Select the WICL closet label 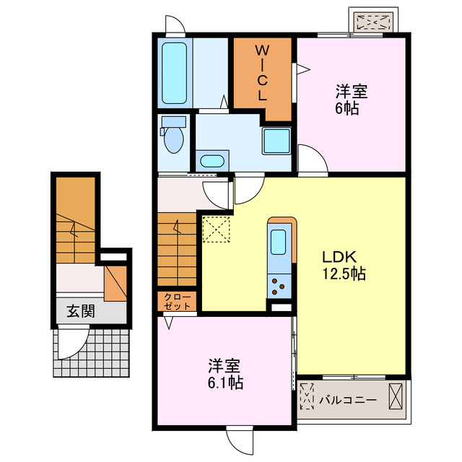pyautogui.click(x=261, y=73)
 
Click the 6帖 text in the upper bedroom pyautogui.click(x=351, y=109)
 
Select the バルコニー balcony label pyautogui.click(x=348, y=398)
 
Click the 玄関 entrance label pyautogui.click(x=81, y=312)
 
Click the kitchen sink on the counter pyautogui.click(x=279, y=241)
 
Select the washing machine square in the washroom pyautogui.click(x=276, y=140)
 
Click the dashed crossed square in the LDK pyautogui.click(x=214, y=230)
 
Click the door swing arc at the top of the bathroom pyautogui.click(x=174, y=26)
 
